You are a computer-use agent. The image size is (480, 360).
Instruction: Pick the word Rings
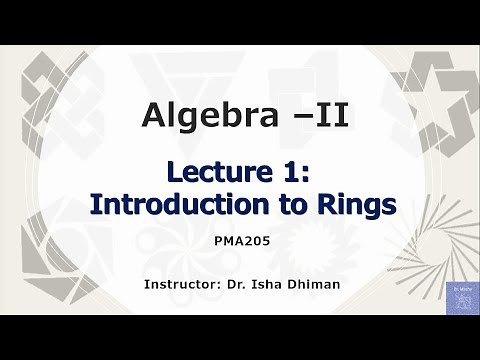(x=355, y=204)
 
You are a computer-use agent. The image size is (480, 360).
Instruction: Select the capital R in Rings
(x=326, y=204)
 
